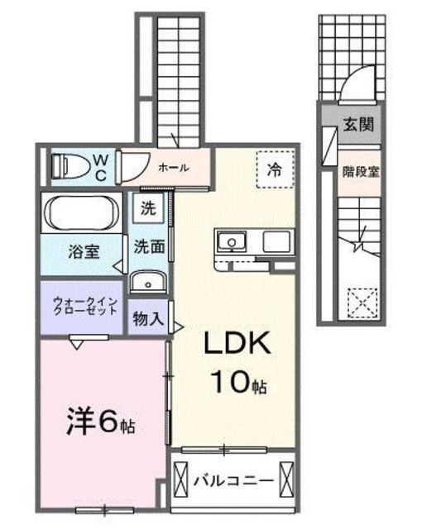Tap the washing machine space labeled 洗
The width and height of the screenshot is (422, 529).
pyautogui.click(x=147, y=209)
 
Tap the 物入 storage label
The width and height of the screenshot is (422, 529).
pyautogui.click(x=148, y=318)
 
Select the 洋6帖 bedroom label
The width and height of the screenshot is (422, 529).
pyautogui.click(x=100, y=424)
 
